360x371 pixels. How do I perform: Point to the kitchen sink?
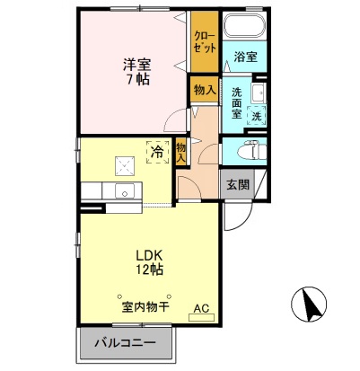[x=123, y=190]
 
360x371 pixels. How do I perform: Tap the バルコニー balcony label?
[x=129, y=343]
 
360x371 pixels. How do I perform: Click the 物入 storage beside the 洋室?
[x=204, y=90]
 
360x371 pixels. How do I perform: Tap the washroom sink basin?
[x=258, y=93]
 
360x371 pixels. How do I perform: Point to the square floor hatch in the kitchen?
[x=121, y=165]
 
